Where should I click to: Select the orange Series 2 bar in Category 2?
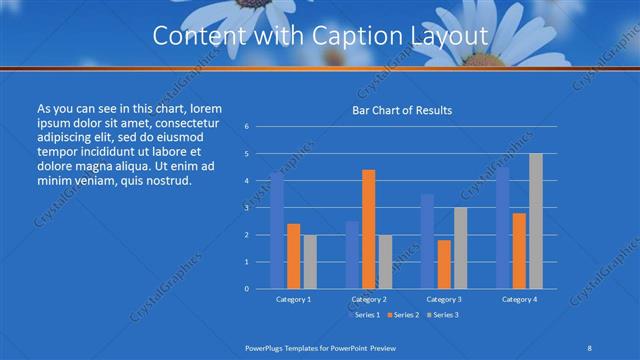[x=368, y=229]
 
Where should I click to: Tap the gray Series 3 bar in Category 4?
[x=535, y=221]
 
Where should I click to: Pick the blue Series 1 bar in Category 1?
[x=277, y=230]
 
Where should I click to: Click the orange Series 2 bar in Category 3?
[x=444, y=264]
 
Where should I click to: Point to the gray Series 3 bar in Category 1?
[x=309, y=261]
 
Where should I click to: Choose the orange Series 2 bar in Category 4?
[x=519, y=250]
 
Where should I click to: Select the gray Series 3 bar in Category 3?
[x=460, y=248]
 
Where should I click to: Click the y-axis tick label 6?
[x=246, y=127]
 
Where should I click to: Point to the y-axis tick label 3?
[x=246, y=208]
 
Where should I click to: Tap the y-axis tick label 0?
[x=246, y=289]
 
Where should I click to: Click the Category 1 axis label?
[x=293, y=299]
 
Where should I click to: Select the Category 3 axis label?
[x=444, y=299]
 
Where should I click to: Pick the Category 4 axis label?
[x=519, y=299]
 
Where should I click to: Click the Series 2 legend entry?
[x=404, y=316]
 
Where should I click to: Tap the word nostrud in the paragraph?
[x=163, y=180]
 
